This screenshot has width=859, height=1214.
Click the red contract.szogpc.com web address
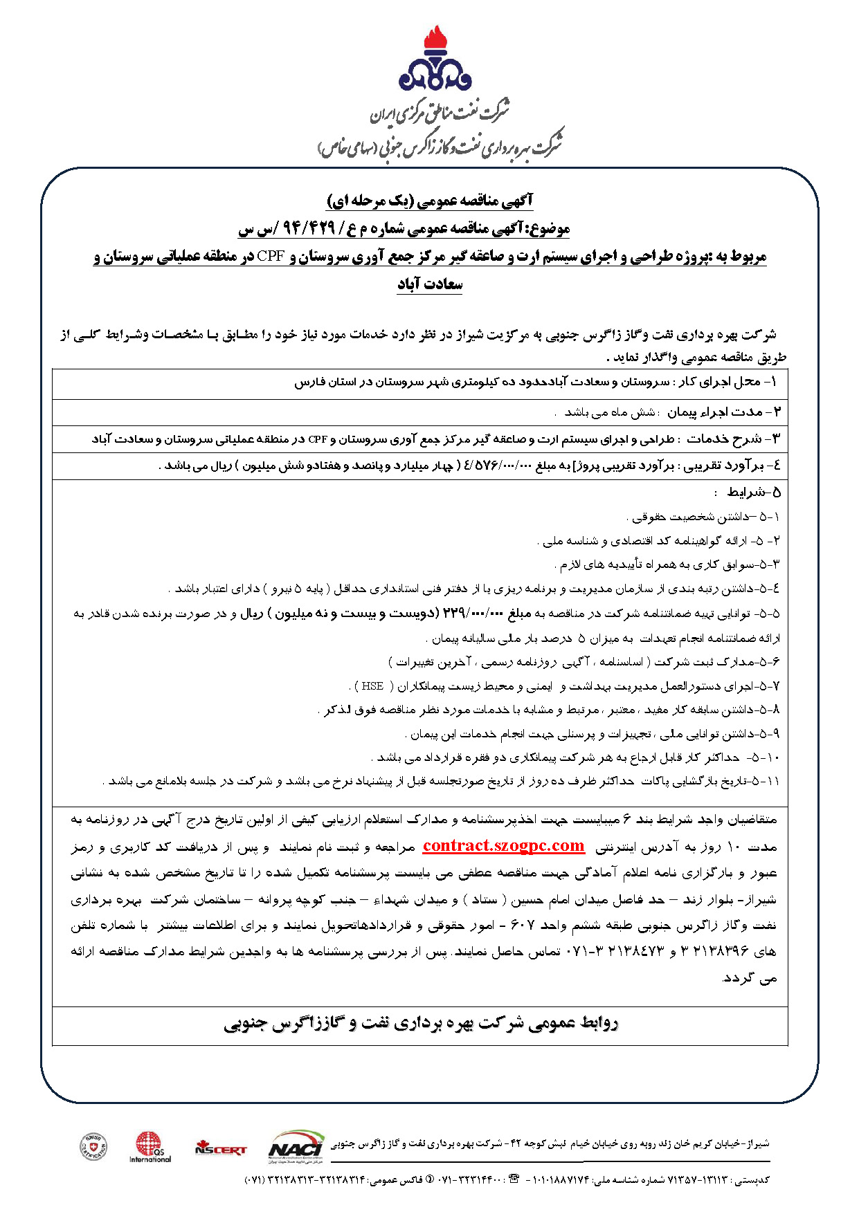[503, 845]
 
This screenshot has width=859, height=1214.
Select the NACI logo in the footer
[296, 1146]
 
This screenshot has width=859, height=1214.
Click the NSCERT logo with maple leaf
[220, 1147]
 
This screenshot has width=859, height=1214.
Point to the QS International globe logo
[150, 1146]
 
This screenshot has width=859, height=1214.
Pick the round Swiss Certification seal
[93, 1147]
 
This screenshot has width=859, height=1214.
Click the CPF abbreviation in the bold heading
[273, 257]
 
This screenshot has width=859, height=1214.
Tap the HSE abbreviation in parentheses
[372, 686]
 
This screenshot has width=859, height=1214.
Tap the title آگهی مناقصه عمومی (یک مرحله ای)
[429, 201]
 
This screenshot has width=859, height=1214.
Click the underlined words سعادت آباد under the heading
[429, 284]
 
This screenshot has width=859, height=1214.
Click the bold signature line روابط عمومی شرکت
[421, 1024]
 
